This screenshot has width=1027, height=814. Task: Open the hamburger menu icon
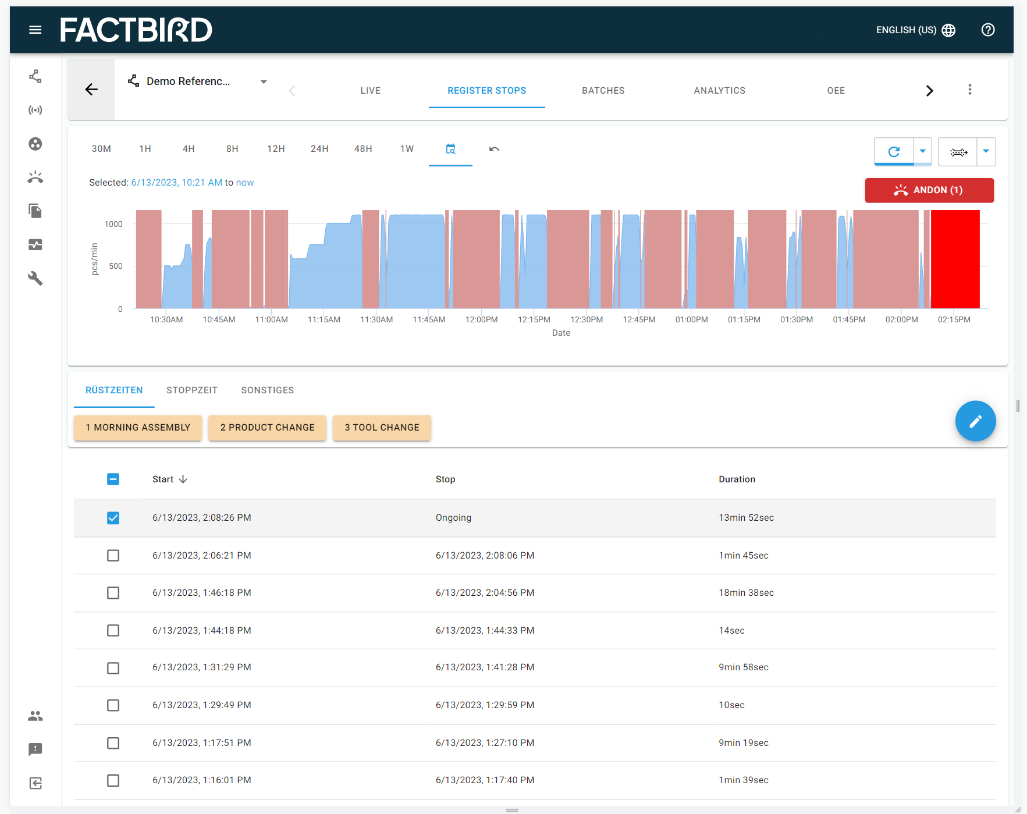[35, 30]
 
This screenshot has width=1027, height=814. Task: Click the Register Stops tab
[486, 91]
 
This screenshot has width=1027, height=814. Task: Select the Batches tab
[603, 91]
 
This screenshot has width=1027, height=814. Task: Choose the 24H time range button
[319, 149]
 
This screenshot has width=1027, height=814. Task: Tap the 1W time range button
[407, 149]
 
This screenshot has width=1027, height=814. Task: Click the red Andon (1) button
[929, 190]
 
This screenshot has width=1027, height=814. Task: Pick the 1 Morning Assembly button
[138, 428]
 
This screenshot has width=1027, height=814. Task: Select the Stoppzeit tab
[192, 390]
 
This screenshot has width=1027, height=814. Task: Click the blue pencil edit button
[975, 421]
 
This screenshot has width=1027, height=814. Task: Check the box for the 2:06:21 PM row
[113, 556]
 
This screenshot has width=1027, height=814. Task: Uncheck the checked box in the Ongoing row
[113, 518]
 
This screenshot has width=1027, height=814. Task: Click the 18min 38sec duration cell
[746, 593]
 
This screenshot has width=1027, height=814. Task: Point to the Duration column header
[737, 479]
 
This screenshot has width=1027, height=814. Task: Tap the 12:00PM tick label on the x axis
[481, 320]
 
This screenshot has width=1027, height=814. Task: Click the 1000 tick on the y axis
[113, 225]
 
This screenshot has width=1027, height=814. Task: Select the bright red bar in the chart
[955, 259]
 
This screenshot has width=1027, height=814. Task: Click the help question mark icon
[987, 30]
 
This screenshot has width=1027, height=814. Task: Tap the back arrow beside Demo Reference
[91, 90]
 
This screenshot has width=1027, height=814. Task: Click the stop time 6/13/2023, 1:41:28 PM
[485, 667]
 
